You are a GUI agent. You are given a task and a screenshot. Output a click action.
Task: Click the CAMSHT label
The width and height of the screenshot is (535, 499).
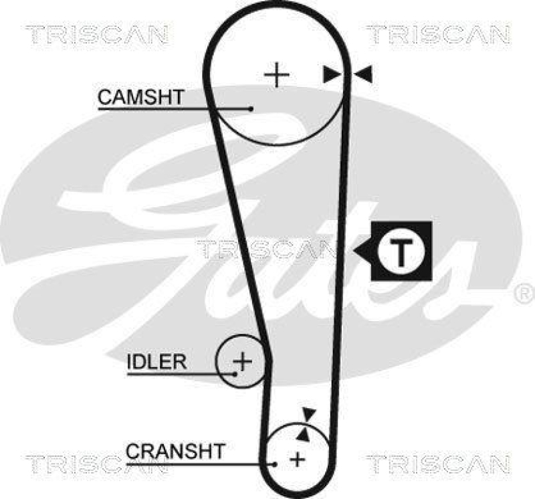[141, 97]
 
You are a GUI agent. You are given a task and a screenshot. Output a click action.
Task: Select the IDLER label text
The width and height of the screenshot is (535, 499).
[157, 362]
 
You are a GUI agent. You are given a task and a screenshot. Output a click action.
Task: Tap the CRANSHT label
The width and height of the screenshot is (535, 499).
[175, 452]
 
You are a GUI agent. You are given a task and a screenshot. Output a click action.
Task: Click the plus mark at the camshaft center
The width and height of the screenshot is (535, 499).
[277, 74]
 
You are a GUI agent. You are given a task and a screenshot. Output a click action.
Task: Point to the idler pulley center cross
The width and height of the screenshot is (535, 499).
[242, 361]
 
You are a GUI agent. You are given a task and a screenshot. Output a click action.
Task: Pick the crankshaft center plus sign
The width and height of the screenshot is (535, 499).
[298, 460]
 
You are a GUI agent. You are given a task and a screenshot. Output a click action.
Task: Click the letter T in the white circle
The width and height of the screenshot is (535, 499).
[401, 253]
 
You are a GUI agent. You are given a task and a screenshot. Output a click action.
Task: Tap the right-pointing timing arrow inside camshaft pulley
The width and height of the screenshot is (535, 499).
[332, 74]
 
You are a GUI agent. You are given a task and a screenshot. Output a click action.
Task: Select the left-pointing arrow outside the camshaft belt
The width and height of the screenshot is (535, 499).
[362, 74]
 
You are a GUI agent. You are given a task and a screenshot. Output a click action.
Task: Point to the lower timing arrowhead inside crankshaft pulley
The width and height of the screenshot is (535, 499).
[303, 435]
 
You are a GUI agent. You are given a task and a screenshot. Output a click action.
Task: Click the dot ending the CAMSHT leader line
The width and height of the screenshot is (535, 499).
[251, 109]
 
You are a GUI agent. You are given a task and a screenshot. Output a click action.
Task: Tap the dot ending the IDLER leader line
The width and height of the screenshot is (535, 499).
[235, 374]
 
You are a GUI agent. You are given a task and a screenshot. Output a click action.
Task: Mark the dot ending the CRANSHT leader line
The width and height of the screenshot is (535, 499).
[275, 464]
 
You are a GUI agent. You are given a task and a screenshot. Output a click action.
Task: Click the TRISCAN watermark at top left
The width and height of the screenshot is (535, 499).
[97, 35]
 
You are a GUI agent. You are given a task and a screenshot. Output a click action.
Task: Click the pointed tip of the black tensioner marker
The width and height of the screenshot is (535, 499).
[354, 252]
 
